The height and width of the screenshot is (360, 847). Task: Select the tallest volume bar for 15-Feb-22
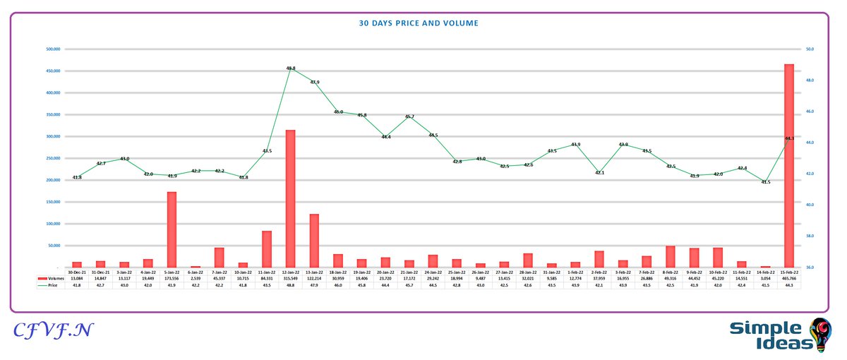(789, 166)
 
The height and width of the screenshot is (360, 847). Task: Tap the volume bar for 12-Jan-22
(290, 198)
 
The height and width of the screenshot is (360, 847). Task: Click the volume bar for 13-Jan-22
(314, 240)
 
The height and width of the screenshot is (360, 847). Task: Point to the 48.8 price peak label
(290, 68)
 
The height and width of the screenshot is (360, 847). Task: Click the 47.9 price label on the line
(314, 83)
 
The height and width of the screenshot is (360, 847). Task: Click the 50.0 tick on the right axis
(810, 49)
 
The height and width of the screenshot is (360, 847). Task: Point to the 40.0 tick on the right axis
(810, 205)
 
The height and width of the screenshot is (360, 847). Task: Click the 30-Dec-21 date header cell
(77, 272)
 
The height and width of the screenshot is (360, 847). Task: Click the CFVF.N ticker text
(49, 330)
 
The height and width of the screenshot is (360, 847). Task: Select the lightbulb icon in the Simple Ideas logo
(821, 333)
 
